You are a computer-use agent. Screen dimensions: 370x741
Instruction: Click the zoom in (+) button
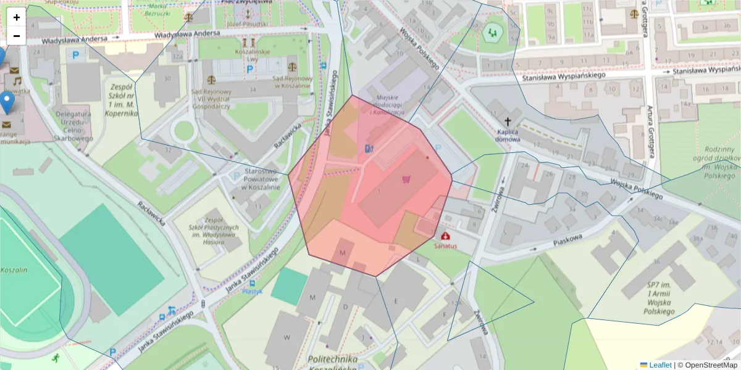pos(17,17)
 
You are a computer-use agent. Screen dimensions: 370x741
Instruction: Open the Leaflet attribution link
pos(659,365)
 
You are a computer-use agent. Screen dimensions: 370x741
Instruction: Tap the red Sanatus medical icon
pos(446,236)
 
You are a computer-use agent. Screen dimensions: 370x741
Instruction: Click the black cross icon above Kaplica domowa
pos(508,121)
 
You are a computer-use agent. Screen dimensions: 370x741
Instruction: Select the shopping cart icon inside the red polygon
pos(406,179)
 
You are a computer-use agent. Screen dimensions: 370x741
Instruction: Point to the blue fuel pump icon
pos(369,149)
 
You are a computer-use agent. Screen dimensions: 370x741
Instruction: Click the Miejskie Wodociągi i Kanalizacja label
pos(387,105)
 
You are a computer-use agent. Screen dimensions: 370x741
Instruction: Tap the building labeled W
pos(287,337)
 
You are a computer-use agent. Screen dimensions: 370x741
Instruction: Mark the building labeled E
pos(395,300)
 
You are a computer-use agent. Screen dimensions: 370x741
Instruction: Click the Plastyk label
pos(252,291)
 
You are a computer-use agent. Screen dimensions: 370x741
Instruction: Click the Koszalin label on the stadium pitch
pos(14,270)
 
